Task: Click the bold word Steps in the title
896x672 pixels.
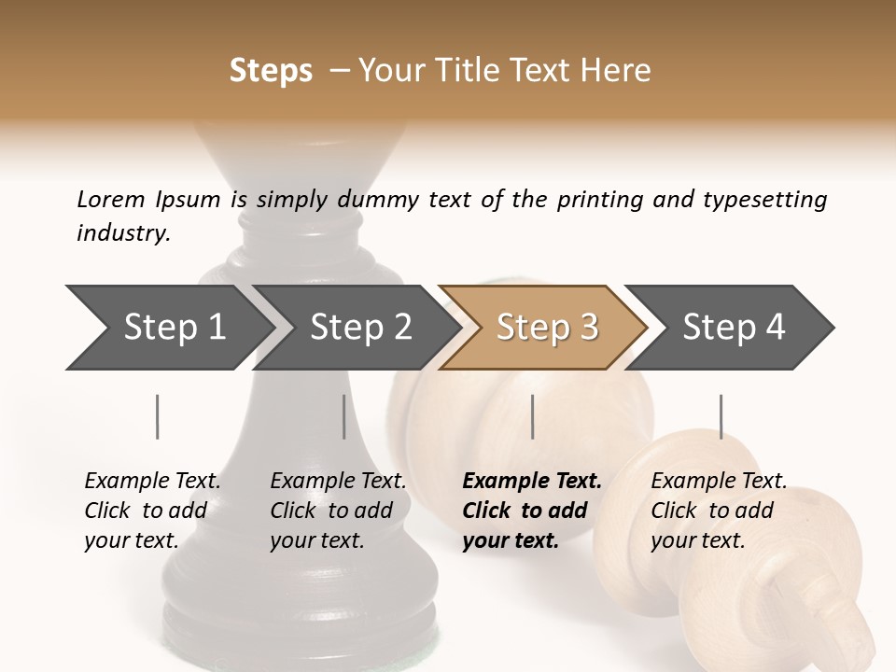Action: coord(271,71)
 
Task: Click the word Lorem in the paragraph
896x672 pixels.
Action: coord(111,199)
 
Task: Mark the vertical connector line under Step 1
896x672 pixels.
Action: coord(158,416)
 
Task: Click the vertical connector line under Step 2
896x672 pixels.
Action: coord(344,416)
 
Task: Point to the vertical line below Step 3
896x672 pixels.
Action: coord(532,416)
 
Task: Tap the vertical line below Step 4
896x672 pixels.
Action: coord(721,416)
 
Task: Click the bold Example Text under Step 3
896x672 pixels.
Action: coord(532,482)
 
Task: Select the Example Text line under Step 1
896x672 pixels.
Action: coord(152,482)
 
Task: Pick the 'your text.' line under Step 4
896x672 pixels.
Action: coord(697,540)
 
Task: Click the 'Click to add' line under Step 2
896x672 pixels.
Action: coord(331,511)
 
